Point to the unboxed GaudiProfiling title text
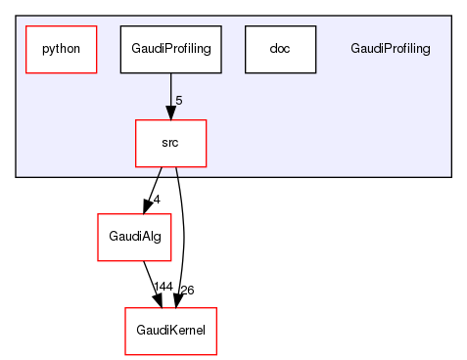390,49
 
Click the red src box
170,143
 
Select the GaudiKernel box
170,331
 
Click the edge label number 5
178,101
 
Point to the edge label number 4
156,200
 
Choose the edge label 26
187,290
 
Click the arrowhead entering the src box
170,112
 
